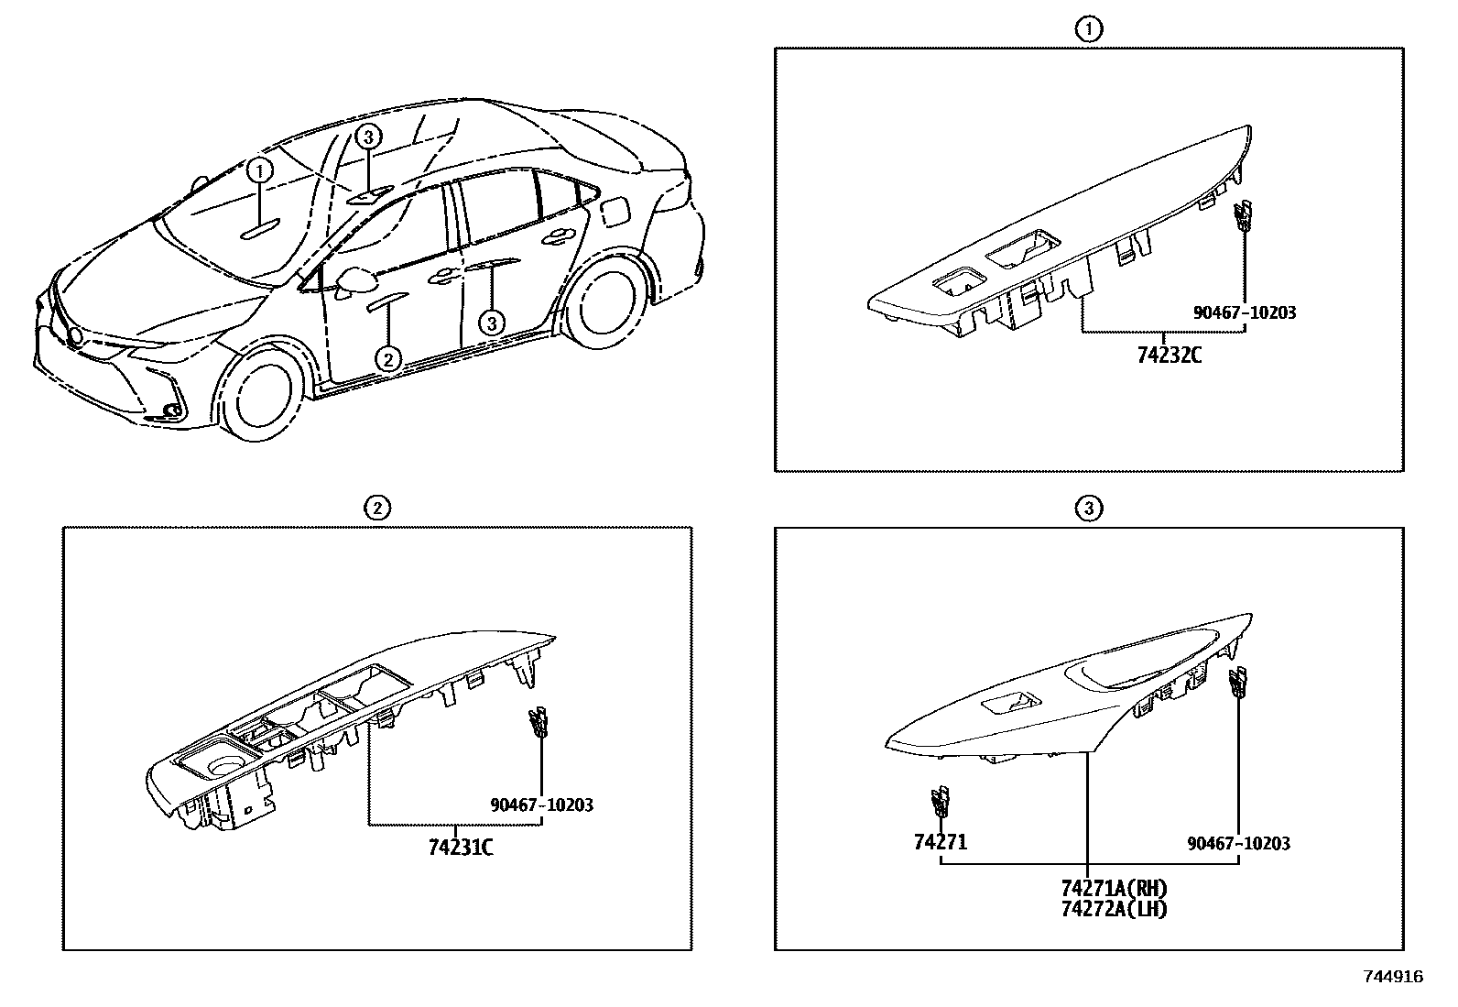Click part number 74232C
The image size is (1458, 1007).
[x=1169, y=355]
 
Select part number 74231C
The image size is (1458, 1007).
[x=461, y=848]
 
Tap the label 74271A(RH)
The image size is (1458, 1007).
[x=1114, y=889]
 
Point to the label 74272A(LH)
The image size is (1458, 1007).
[x=1114, y=909]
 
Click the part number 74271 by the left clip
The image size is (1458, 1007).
[x=940, y=842]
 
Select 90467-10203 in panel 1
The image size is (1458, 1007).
[x=1245, y=312]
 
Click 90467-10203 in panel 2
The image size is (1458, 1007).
[x=541, y=805]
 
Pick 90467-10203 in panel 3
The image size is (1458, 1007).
[x=1238, y=843]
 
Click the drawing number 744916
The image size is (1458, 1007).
[x=1393, y=978]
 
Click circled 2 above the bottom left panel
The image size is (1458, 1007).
[x=376, y=508]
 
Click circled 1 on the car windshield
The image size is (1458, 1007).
[x=259, y=170]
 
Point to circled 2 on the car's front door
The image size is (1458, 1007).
[x=388, y=359]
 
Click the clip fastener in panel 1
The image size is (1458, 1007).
[x=1242, y=216]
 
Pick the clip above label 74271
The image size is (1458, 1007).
[x=939, y=802]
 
